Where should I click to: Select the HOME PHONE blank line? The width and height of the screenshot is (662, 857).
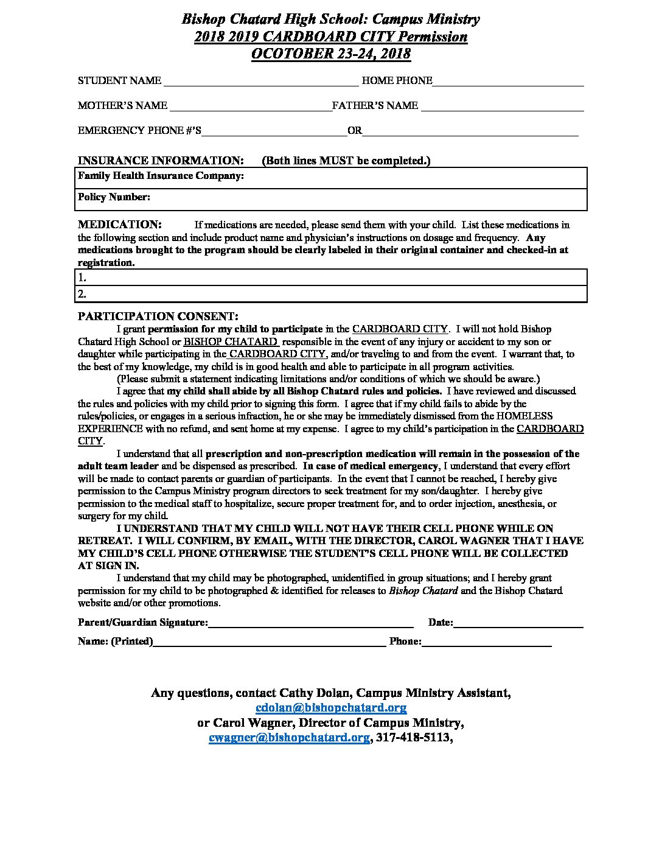(508, 82)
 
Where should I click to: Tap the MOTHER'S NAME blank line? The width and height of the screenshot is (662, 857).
(250, 107)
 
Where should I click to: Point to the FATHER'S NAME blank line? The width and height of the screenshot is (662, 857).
(502, 107)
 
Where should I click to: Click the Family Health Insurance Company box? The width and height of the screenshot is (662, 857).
(332, 177)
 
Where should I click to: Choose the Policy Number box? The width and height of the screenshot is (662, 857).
(332, 198)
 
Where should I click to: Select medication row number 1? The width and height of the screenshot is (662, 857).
(332, 278)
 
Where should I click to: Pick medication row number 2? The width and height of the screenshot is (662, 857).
(332, 294)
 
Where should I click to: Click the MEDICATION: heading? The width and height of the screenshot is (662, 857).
(119, 225)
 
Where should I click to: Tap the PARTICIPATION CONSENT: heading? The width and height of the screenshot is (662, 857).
(158, 317)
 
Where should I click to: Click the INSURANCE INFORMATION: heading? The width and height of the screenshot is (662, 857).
(161, 161)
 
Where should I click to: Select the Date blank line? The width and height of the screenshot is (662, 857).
(518, 623)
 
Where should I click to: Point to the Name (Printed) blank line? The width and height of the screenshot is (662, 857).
(269, 642)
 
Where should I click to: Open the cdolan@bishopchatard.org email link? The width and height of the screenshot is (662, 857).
(331, 708)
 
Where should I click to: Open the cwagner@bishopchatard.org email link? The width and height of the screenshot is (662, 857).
(289, 738)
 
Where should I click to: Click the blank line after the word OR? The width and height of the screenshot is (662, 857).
(470, 131)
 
